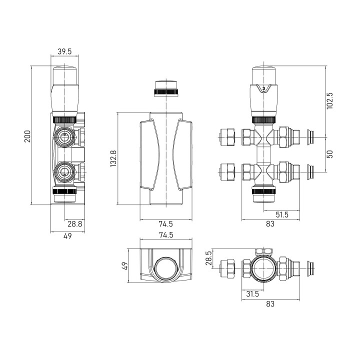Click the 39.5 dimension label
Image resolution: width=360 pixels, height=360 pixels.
click(64, 51)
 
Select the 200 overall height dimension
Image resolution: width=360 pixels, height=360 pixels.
click(27, 136)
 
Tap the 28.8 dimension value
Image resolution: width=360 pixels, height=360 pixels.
click(75, 223)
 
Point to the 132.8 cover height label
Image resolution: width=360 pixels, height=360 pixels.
click(113, 158)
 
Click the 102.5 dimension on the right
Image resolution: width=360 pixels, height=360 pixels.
click(329, 101)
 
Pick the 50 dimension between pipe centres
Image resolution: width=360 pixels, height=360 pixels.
click(329, 154)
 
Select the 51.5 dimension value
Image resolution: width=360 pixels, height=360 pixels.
click(282, 214)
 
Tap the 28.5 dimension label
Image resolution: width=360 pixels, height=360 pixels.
click(209, 258)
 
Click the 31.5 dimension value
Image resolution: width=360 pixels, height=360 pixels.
click(252, 293)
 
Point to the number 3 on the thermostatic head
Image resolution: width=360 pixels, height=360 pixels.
click(263, 88)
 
